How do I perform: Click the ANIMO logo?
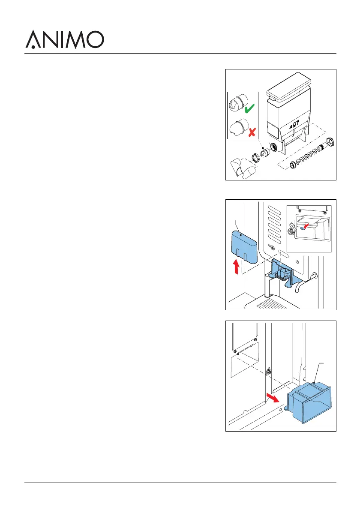[x=65, y=39]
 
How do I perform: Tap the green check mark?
[x=249, y=110]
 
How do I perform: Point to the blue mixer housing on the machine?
[x=281, y=275]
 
